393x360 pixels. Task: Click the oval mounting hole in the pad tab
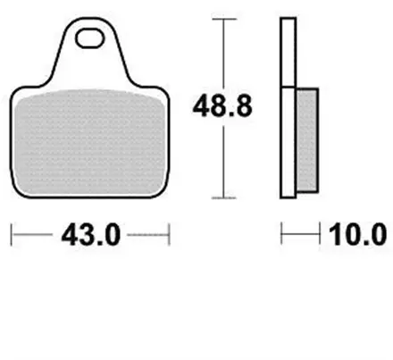tap(91, 38)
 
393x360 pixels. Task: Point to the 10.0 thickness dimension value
tap(358, 236)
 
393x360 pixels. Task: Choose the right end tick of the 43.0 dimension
tap(170, 236)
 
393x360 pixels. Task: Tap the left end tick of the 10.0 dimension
tap(282, 236)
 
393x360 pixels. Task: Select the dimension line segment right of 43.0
tap(147, 236)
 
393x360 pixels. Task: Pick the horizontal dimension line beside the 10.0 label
tap(301, 236)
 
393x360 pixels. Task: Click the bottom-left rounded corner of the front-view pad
tap(20, 189)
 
